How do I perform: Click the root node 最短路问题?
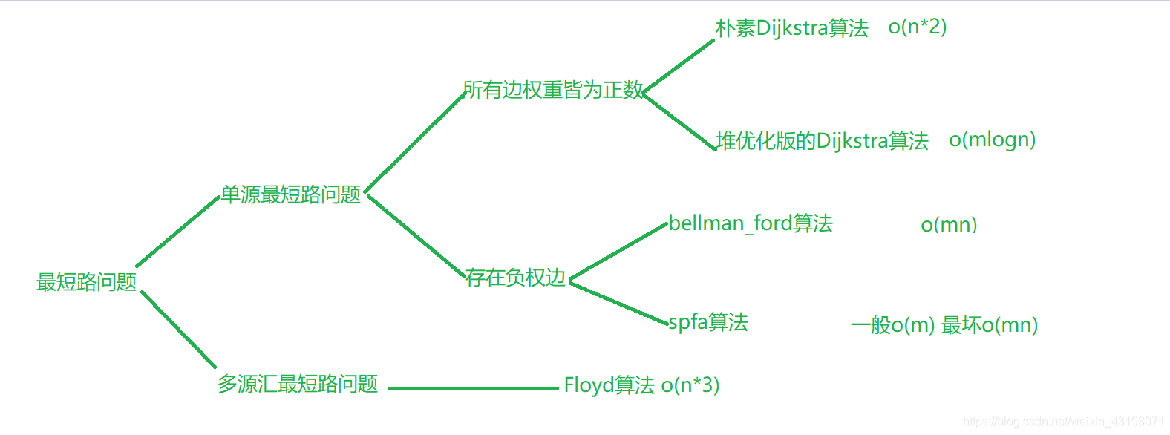tap(86, 282)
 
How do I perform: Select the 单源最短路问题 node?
tap(290, 194)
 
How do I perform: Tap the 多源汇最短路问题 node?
tap(298, 384)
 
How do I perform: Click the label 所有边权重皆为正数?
tap(553, 90)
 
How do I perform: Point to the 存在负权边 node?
tap(516, 278)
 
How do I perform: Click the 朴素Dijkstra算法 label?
tap(791, 28)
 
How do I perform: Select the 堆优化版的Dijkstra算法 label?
tap(823, 141)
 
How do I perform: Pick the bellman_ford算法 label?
tap(751, 223)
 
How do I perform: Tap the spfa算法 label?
tap(708, 322)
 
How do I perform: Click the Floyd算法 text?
tap(609, 385)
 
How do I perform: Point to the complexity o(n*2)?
tap(917, 27)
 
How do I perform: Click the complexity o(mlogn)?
tap(992, 140)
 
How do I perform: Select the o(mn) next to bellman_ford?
tap(949, 225)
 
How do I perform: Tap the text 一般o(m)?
tap(892, 325)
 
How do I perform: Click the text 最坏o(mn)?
tap(990, 325)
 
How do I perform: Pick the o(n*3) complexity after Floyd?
tap(690, 385)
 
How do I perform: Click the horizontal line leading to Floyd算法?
tap(472, 388)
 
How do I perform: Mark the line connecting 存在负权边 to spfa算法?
tap(618, 303)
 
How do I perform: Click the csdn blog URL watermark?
tap(1063, 422)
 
